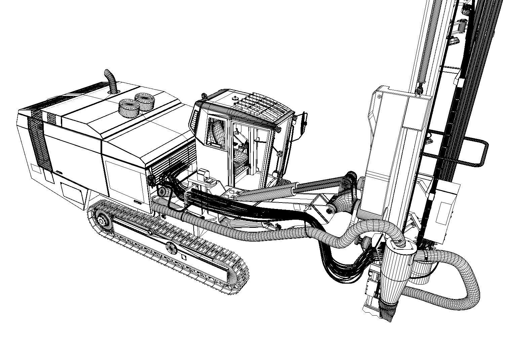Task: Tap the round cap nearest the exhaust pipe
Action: click(128, 108)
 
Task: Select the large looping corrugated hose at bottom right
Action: click(467, 276)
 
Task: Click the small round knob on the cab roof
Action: click(235, 99)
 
